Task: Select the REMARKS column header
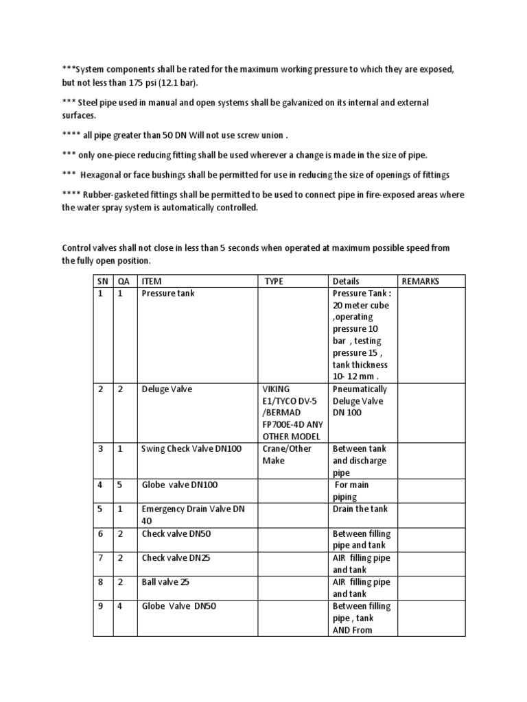[421, 281]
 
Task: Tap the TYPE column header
[273, 281]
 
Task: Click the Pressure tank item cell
[168, 293]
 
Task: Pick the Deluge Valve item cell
[167, 389]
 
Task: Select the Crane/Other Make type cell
[286, 455]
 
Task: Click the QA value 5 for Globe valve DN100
[121, 485]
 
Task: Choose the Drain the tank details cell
[360, 509]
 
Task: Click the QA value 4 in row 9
[121, 606]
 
